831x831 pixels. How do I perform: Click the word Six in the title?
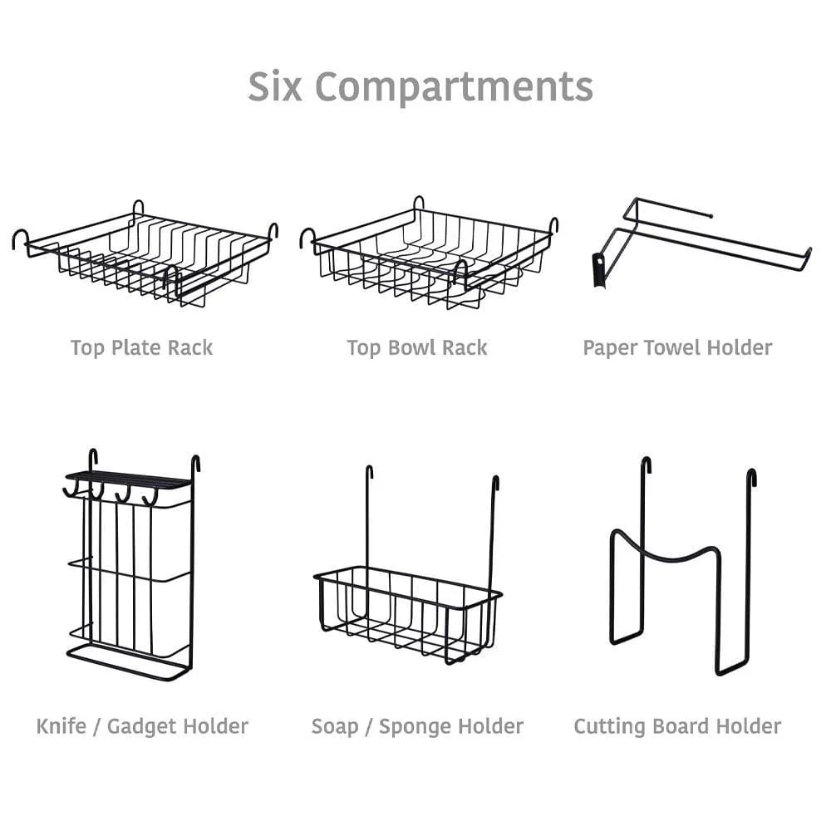pos(276,86)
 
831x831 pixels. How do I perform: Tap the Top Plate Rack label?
pos(141,347)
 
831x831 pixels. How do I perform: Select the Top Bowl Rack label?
pos(417,347)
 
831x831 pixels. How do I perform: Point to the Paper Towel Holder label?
pos(677,347)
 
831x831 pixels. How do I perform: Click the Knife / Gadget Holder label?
pos(142,726)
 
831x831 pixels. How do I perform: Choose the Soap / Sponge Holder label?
pos(417,726)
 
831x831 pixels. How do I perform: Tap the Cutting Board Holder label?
pos(677,726)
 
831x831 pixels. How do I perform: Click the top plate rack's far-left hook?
pos(18,238)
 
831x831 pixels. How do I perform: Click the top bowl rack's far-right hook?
pos(553,224)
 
